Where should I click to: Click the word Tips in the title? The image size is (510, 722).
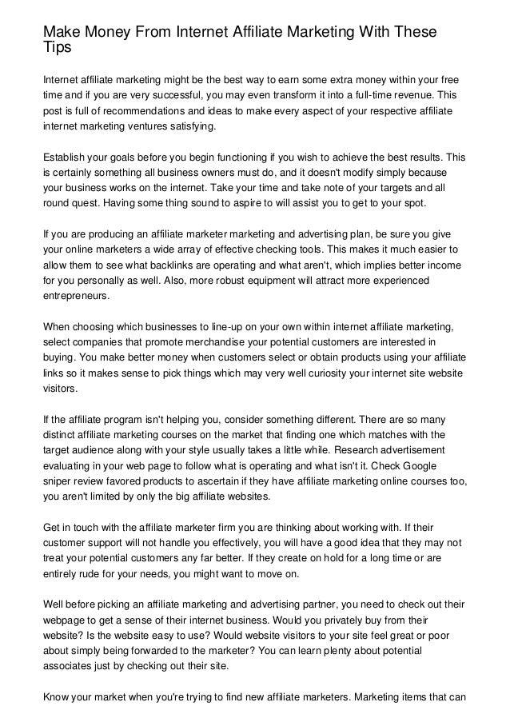58,49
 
